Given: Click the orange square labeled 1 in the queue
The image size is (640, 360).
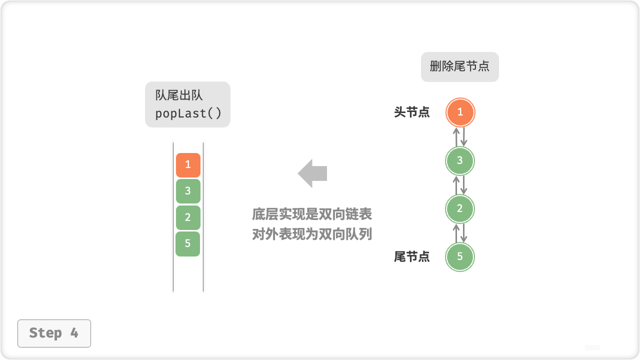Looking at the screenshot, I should point(188,165).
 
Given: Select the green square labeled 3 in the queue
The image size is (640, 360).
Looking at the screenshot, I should point(188,191).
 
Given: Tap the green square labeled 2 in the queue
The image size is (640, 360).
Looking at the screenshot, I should point(188,217).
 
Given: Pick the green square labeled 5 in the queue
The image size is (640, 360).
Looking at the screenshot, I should point(188,244).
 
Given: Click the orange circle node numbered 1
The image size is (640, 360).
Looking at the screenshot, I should point(460,112).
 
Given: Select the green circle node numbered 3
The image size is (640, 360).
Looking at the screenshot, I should point(460,161).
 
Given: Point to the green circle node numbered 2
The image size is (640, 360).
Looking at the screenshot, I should point(460,209).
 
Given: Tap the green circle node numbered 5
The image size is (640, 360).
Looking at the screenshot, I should point(460,257).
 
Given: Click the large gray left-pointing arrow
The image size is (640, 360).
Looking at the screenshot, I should point(312,173).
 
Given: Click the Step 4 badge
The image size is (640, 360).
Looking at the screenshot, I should point(54,333).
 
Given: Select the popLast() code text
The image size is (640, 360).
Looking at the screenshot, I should point(188,113).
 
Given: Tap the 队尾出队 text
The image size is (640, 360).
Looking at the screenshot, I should point(179,95).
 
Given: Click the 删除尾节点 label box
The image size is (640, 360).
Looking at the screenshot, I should point(460,67).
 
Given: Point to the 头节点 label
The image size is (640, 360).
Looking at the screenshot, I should point(412,112).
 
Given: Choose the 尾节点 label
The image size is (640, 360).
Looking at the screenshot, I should point(412,257).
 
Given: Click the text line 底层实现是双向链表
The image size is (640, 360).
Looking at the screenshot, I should point(312,214).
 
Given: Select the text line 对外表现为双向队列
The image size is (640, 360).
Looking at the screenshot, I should point(312,234).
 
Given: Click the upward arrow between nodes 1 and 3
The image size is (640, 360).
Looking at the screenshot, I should point(456,136).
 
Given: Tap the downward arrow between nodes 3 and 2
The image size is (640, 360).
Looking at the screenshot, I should point(464,185).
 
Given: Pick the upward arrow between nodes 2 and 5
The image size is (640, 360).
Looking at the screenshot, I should point(456,233).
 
